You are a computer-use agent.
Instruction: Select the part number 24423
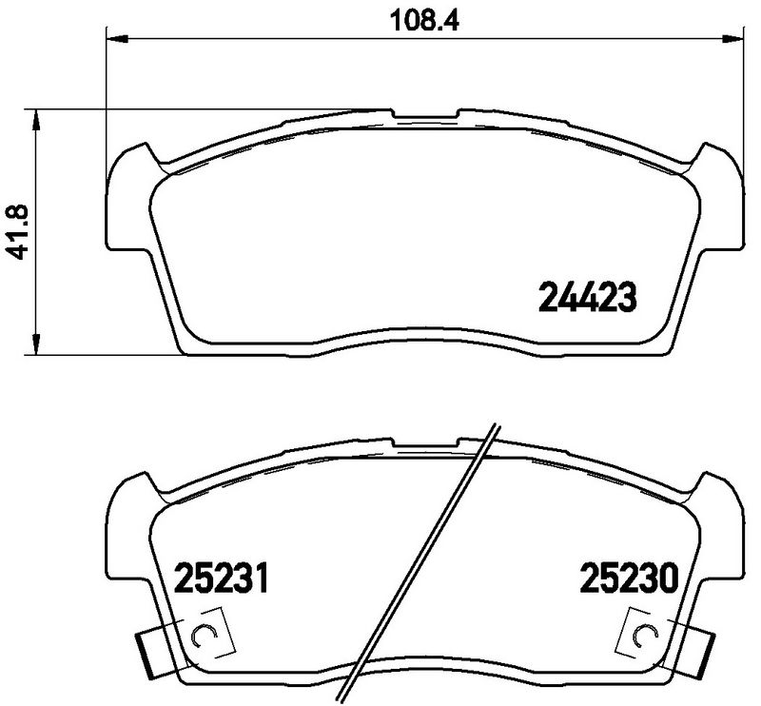[587, 299]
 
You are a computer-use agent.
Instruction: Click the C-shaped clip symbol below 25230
[644, 637]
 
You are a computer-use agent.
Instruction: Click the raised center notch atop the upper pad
[425, 115]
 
